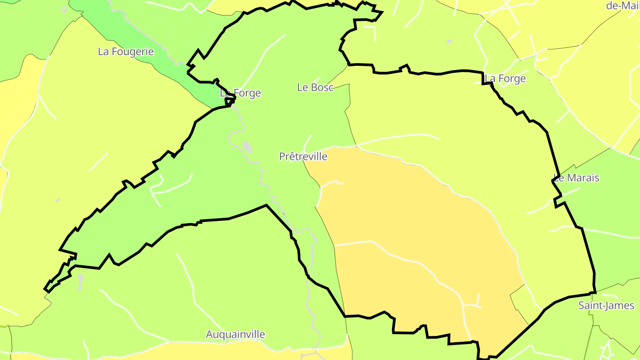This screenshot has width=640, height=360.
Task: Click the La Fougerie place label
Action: point(126,52)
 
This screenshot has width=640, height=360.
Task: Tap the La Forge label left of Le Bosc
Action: point(240,93)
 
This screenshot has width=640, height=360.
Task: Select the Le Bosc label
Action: point(315,88)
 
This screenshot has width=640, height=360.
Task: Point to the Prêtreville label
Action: point(303,156)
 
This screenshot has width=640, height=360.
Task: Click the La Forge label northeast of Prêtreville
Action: point(505,79)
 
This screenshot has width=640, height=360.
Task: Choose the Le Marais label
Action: point(576,178)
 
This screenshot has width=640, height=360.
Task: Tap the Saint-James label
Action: point(606,305)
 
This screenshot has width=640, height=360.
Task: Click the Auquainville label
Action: point(236,334)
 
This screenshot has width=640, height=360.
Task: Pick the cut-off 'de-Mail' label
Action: point(622,5)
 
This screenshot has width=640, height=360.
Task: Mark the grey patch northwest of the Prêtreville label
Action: point(247,146)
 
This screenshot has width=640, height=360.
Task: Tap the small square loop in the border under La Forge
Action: point(230,101)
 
